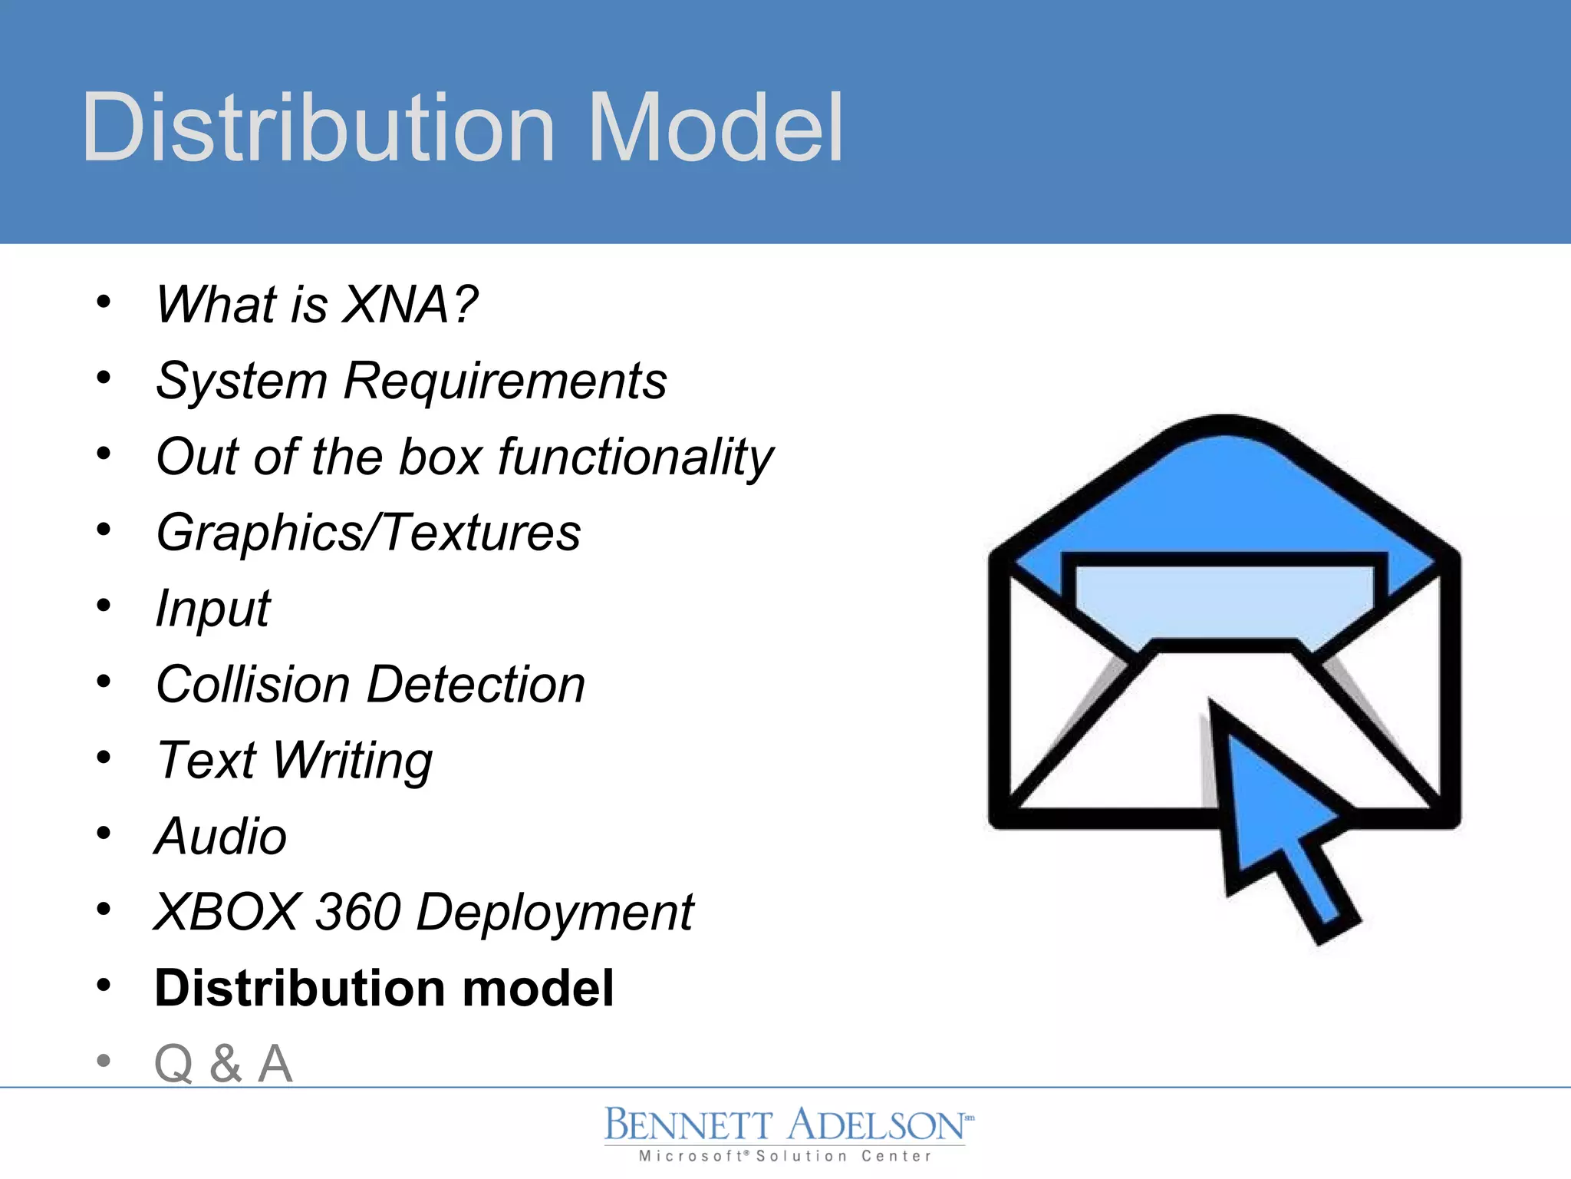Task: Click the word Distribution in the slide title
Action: pyautogui.click(x=318, y=128)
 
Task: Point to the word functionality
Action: pyautogui.click(x=636, y=457)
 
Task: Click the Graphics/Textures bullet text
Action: pyautogui.click(x=368, y=533)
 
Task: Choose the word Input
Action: pyautogui.click(x=212, y=609)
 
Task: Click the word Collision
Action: pyautogui.click(x=252, y=685)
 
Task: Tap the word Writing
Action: pyautogui.click(x=352, y=761)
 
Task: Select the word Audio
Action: pyautogui.click(x=221, y=836)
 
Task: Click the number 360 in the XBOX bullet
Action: pyautogui.click(x=358, y=912)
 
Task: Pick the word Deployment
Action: pyautogui.click(x=555, y=913)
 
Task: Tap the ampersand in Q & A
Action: pyautogui.click(x=226, y=1064)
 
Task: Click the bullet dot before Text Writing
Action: pyautogui.click(x=104, y=758)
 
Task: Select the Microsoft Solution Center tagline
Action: pyautogui.click(x=785, y=1156)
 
